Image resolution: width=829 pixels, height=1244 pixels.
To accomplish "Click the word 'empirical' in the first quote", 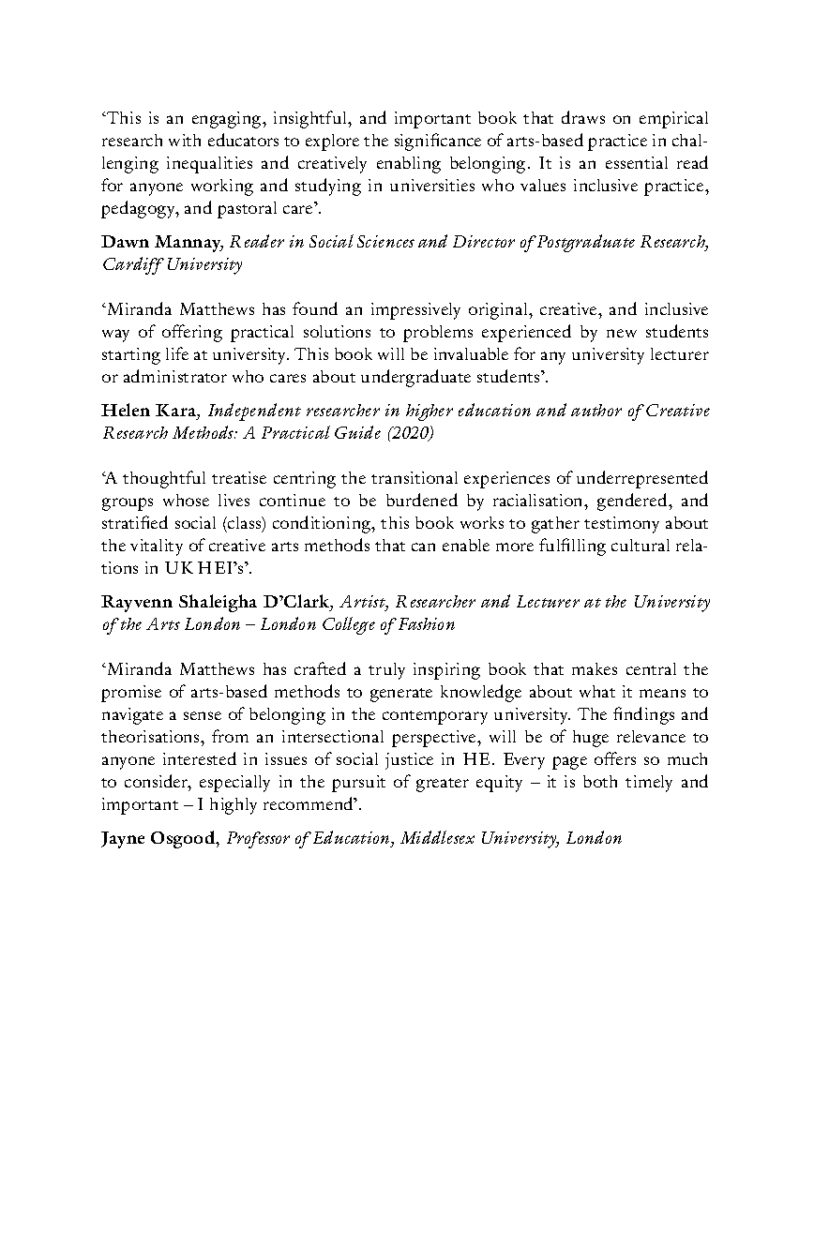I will tap(672, 118).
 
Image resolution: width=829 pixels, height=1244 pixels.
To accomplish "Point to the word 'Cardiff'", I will tap(132, 264).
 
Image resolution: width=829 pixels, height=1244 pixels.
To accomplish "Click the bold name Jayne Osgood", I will tap(158, 838).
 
